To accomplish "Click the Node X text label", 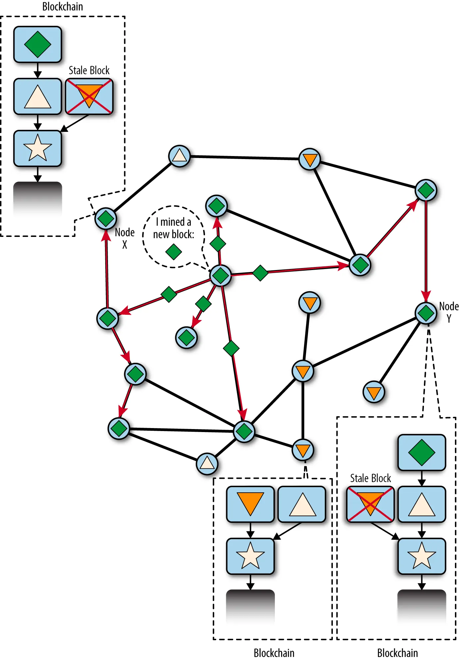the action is tap(125, 238).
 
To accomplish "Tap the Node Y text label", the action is tap(449, 312).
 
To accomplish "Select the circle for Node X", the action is tap(106, 219).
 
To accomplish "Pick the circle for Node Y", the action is tap(426, 313).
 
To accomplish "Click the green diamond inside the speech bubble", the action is tap(174, 252).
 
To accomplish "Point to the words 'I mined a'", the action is tap(174, 222).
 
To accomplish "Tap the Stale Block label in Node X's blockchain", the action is tap(89, 70).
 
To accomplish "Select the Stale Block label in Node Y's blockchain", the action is tap(371, 478).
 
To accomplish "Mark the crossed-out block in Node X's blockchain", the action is tap(89, 96).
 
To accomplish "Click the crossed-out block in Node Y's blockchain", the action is tap(370, 504).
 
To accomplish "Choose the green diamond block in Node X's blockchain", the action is tap(38, 44).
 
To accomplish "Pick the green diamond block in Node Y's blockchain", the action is tap(422, 453).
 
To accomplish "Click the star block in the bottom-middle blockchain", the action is tap(250, 556).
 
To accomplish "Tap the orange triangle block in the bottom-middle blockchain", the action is tap(250, 504).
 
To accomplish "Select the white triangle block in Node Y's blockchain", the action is tap(422, 504).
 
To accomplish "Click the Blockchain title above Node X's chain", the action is tap(63, 6).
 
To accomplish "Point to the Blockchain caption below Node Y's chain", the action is tap(397, 653).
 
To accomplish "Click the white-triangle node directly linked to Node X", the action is tap(179, 156).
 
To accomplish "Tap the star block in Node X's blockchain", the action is tap(38, 148).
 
